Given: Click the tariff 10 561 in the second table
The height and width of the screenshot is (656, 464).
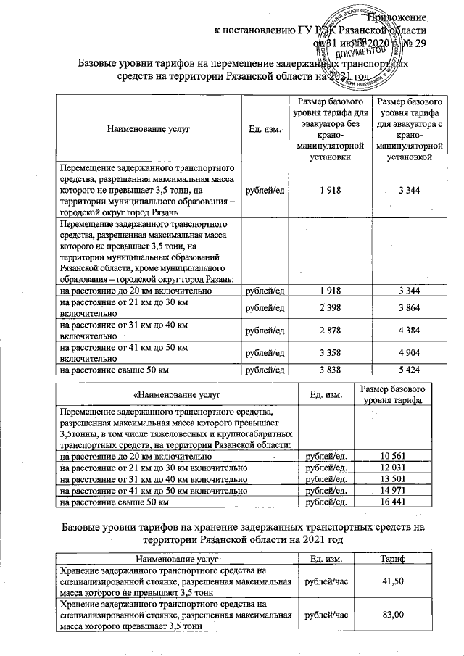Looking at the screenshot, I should (394, 457).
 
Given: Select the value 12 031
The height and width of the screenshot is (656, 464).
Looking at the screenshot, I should (394, 468).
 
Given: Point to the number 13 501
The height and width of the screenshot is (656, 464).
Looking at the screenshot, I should (394, 479).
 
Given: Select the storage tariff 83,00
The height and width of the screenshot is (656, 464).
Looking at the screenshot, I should (394, 615).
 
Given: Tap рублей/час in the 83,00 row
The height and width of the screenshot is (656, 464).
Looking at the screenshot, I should (327, 615).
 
